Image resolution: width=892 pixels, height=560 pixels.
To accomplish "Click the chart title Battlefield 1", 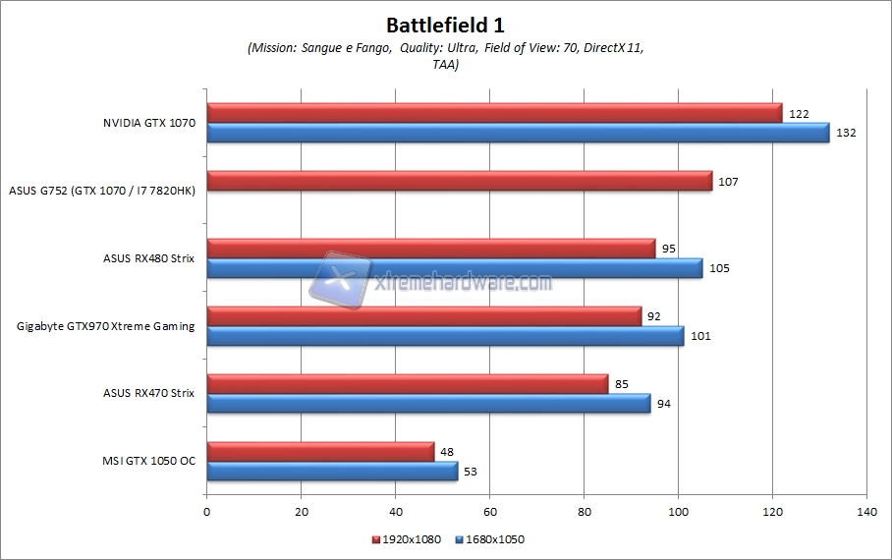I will coord(446,25).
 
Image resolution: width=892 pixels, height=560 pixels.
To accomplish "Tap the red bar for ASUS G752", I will coord(459,181).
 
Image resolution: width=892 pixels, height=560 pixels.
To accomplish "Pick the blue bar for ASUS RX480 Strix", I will coord(454,268).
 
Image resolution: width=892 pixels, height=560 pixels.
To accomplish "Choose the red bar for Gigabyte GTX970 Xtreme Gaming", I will coord(423,316).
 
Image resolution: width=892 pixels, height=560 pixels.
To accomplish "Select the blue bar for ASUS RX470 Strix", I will coord(428,403).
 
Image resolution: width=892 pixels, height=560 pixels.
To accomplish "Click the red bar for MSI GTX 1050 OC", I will coord(320,451).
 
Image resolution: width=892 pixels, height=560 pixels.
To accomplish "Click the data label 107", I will coord(728,182).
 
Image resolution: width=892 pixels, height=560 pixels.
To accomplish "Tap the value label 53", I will coord(472,472).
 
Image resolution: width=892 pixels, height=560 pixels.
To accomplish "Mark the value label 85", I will coord(621,384).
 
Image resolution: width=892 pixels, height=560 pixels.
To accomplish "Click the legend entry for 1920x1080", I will coord(406,539).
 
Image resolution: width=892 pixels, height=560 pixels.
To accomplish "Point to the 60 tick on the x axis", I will coord(490,512).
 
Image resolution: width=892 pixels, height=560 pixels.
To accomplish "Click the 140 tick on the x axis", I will coord(866,512).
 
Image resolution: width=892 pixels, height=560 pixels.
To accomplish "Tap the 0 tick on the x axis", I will coord(207,512).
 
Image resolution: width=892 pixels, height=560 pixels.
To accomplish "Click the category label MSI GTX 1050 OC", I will coord(148,461).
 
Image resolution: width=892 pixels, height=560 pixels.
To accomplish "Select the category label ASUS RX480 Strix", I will coord(148,258).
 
